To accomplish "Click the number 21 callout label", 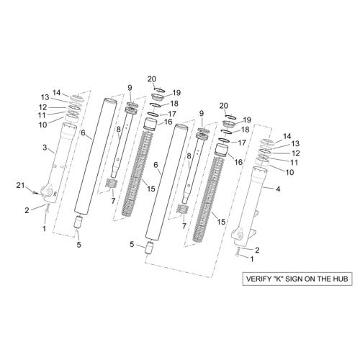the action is coord(20,185).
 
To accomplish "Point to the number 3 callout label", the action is coord(45,148).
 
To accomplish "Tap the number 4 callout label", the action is coord(278,189).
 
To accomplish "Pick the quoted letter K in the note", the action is coord(276,279).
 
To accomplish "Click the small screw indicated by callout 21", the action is coord(35,192).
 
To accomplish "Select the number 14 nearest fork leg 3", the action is coord(57,92).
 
